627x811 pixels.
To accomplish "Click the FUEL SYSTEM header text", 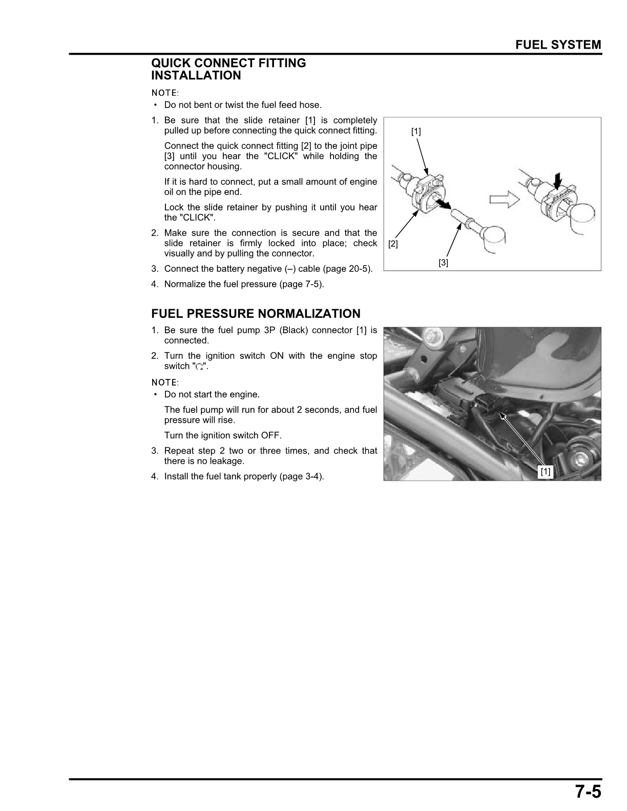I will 558,45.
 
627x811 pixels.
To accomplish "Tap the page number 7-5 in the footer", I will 587,792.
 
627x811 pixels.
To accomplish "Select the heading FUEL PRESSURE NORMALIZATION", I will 256,313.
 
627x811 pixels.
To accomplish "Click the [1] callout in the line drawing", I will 416,132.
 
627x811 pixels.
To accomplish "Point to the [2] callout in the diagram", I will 393,244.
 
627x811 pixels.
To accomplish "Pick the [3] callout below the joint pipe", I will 443,263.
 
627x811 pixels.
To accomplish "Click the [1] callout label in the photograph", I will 546,471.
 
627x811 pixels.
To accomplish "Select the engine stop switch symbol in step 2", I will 200,367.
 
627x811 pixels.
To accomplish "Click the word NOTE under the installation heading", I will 164,93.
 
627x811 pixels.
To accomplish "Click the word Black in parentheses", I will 294,330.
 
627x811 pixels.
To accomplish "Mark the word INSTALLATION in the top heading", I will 196,76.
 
